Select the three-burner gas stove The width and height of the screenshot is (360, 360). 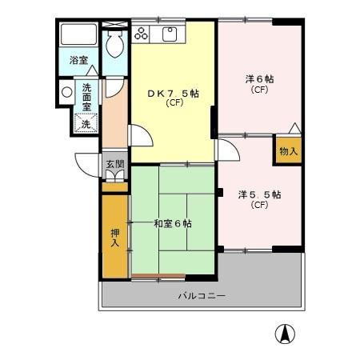142,34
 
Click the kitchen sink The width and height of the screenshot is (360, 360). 170,34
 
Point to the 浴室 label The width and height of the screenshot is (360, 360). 78,60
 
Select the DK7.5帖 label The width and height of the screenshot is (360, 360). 173,93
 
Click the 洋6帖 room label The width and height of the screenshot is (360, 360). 259,79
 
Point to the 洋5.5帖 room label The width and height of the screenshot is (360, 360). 258,194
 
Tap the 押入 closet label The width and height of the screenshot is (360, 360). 114,238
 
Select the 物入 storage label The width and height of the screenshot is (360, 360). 288,150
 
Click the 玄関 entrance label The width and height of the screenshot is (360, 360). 114,165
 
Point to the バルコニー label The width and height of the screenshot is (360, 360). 201,296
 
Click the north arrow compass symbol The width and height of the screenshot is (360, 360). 283,334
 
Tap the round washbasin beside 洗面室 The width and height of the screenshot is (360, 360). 66,92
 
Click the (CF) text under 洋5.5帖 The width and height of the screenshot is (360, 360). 258,205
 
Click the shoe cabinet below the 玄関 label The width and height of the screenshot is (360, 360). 115,176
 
